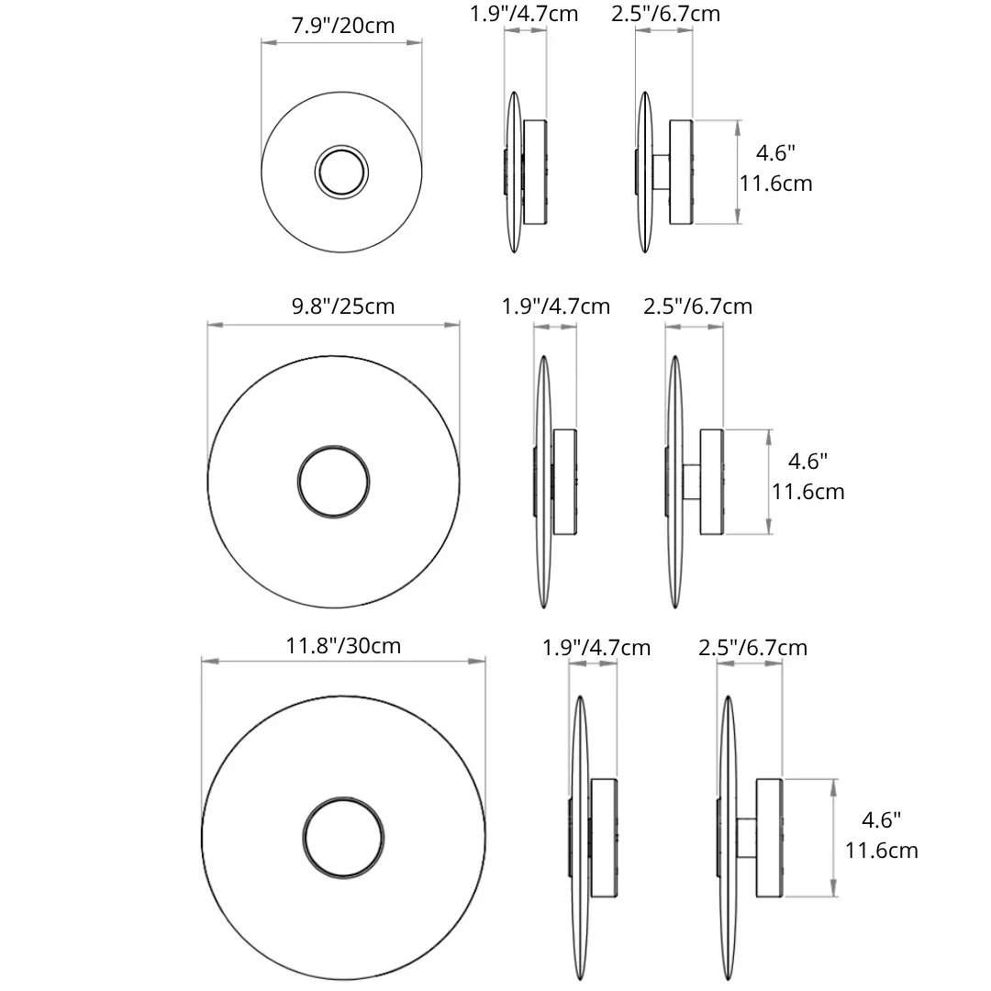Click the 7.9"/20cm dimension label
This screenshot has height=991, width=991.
coord(342,26)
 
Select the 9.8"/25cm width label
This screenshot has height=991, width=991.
coord(342,306)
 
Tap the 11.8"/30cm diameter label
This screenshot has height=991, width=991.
coord(343,646)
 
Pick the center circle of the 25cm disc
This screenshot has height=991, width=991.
coord(334,446)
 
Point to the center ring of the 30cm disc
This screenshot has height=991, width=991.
coord(343,797)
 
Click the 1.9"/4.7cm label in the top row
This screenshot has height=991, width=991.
coord(524,14)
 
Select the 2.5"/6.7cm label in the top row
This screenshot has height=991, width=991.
coord(665,14)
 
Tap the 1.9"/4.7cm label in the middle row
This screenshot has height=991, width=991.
coord(555,306)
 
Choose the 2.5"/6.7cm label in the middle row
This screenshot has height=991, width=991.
coord(697,306)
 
